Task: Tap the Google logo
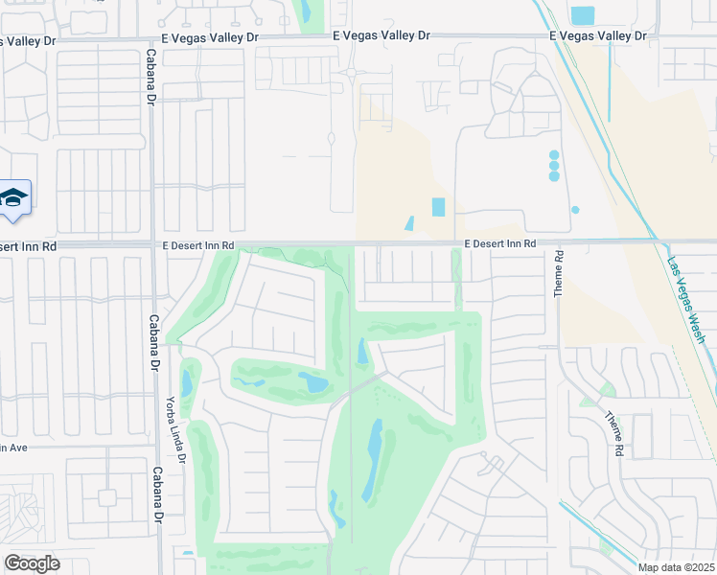click(32, 563)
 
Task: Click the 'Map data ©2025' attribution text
click(677, 567)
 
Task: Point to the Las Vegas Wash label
click(686, 302)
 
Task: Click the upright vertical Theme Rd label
click(559, 273)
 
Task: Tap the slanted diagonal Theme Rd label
click(613, 432)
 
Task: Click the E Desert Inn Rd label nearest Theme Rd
click(500, 244)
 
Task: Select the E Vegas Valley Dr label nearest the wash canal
click(598, 35)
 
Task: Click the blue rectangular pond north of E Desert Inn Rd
click(439, 207)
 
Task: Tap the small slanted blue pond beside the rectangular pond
click(409, 223)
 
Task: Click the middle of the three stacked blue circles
click(554, 166)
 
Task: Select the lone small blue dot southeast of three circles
click(575, 209)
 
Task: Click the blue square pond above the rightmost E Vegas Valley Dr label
click(582, 15)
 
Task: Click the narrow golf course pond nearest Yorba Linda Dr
click(187, 383)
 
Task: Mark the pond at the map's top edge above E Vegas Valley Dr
click(306, 11)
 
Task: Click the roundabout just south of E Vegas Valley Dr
click(352, 73)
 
